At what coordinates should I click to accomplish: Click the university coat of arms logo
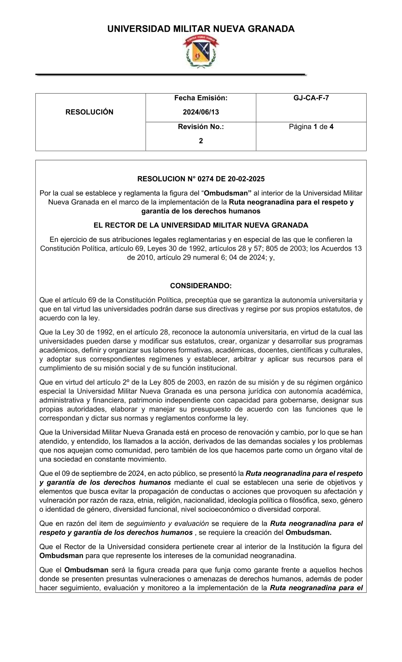[x=201, y=51]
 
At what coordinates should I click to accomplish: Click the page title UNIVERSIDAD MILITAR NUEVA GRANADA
[x=201, y=29]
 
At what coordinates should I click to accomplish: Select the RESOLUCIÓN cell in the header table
[x=90, y=112]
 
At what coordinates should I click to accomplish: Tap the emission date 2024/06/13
[x=201, y=112]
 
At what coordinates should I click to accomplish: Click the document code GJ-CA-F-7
[x=311, y=98]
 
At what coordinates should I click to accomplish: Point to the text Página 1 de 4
[x=311, y=127]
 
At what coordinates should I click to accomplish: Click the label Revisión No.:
[x=201, y=127]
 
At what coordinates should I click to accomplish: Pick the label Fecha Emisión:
[x=201, y=98]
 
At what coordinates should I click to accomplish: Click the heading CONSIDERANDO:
[x=201, y=286]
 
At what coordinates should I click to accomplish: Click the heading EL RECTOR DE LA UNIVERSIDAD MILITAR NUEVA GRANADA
[x=201, y=225]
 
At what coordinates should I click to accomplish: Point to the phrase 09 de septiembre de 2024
[x=94, y=473]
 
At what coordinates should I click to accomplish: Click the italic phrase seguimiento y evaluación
[x=167, y=523]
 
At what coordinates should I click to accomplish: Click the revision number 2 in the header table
[x=201, y=141]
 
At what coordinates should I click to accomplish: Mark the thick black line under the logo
[x=171, y=75]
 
